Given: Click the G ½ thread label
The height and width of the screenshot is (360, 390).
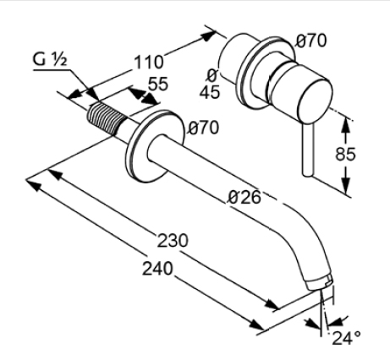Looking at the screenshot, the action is (x=50, y=60).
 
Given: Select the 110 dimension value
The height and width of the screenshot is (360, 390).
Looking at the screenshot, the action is (x=149, y=63).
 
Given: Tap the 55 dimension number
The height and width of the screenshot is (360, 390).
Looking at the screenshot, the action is (x=158, y=84).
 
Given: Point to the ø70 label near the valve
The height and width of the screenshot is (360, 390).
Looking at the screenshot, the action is (x=311, y=41).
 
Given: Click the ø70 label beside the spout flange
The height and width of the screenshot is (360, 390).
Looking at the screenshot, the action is (x=204, y=128).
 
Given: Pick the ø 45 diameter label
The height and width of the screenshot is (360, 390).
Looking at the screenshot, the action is (x=210, y=84).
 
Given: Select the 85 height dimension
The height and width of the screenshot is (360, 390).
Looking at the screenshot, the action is (x=345, y=154).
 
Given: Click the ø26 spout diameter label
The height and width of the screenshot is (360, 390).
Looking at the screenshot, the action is (x=244, y=197).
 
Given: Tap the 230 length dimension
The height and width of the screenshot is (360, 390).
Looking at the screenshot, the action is (x=173, y=241).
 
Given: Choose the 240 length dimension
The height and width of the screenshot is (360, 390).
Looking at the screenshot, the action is (x=157, y=268).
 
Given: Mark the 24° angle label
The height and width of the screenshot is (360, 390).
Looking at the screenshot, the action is (x=347, y=338).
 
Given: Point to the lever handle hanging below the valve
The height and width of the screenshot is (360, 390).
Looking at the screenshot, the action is (x=308, y=150).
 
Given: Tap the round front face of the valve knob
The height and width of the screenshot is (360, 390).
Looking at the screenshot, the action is (x=316, y=101).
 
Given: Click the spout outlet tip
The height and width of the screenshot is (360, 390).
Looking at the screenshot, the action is (x=320, y=283).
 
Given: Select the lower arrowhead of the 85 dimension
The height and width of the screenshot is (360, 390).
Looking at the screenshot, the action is (x=346, y=186).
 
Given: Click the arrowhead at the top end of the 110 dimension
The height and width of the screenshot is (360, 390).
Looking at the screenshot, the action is (x=209, y=35).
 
